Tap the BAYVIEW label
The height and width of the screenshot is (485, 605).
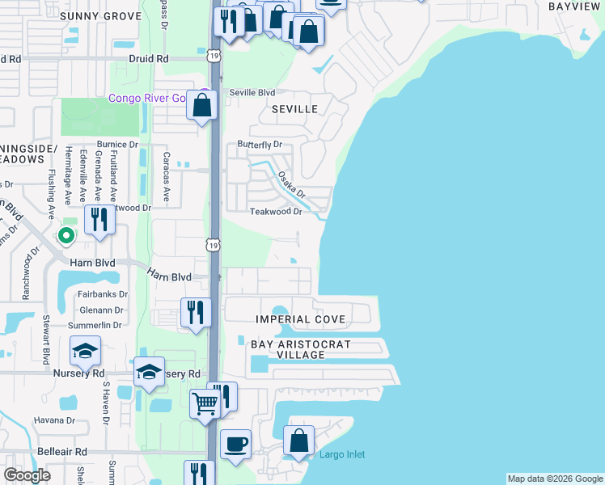[x=576, y=6]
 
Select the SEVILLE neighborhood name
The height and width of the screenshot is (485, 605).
[x=294, y=108]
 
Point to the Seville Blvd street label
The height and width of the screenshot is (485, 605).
[x=252, y=92]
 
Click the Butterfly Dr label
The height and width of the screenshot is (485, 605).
[x=259, y=145]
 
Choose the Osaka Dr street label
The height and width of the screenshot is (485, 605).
[x=291, y=185]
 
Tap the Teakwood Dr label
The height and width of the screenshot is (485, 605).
[x=275, y=211]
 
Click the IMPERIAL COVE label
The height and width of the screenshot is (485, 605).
[x=300, y=319]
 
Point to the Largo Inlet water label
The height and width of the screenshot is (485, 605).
[x=343, y=454]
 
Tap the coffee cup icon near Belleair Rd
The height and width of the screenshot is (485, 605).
[x=235, y=444]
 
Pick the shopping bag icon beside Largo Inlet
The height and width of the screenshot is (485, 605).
[x=298, y=441]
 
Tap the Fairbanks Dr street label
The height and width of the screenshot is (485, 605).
[x=103, y=294]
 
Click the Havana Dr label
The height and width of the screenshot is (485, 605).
[x=54, y=420]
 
